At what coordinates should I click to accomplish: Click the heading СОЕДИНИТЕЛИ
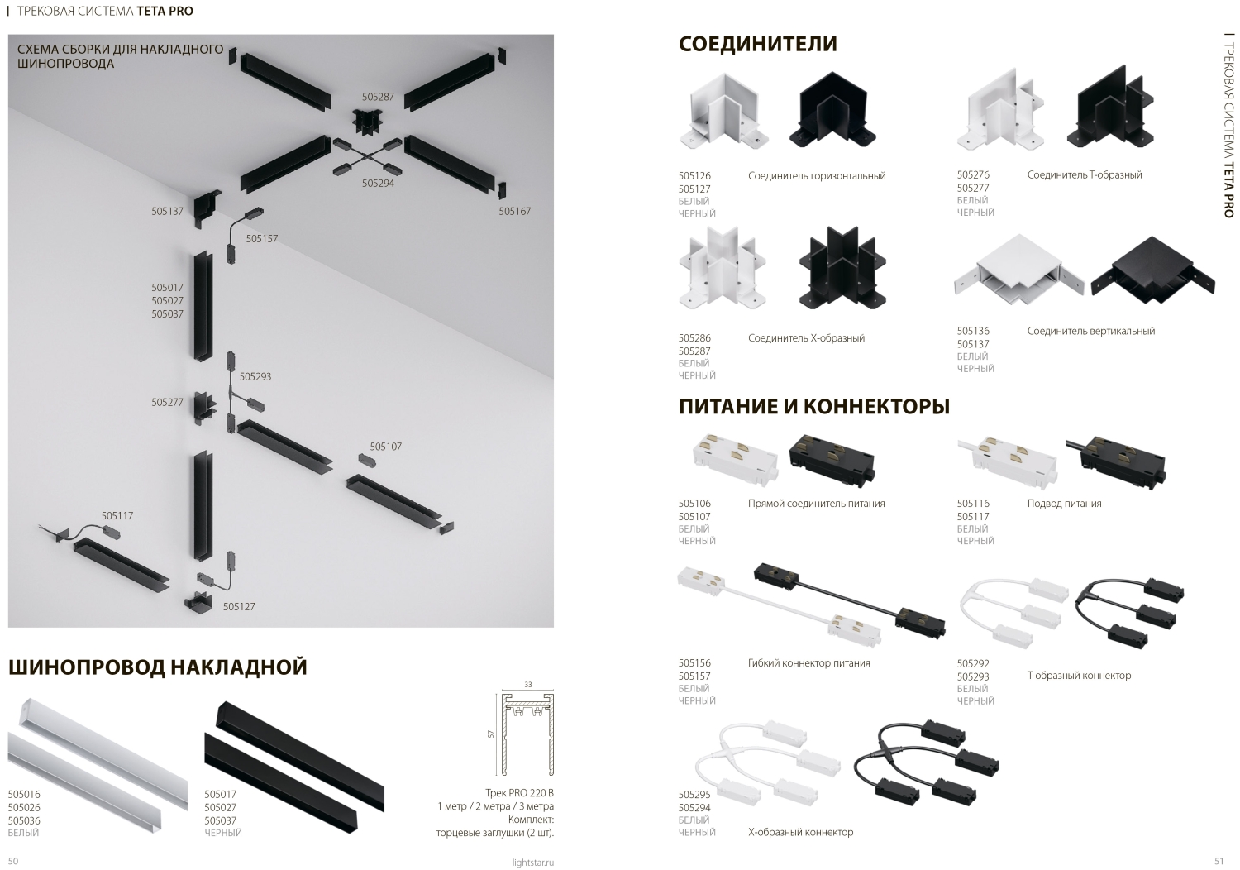click(757, 43)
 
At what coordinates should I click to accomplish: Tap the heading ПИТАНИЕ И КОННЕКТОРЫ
click(813, 406)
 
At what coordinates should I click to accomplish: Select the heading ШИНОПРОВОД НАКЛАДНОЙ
click(158, 667)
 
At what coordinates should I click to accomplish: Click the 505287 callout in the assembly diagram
click(378, 97)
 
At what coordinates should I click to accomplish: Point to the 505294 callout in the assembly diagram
click(378, 184)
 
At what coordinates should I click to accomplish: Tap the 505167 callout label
click(515, 211)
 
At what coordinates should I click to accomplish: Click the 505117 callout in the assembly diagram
click(117, 515)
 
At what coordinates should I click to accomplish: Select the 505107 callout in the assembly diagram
click(386, 447)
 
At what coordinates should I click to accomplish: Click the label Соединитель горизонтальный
click(817, 176)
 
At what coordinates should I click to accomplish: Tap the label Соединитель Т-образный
click(1085, 175)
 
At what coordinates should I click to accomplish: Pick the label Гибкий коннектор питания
click(808, 663)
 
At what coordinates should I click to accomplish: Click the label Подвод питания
click(1065, 504)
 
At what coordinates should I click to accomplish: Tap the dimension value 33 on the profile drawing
click(528, 685)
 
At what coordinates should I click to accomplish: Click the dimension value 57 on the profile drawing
click(490, 734)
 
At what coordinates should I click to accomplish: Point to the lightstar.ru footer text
click(533, 863)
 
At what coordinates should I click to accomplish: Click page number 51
click(1219, 861)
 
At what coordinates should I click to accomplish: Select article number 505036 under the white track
click(24, 820)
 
